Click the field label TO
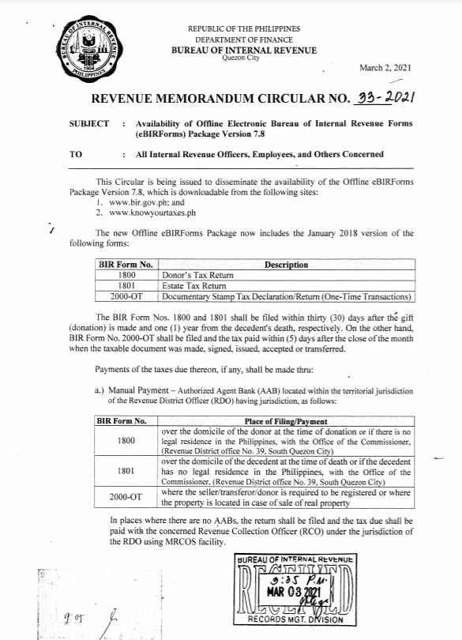pyautogui.click(x=76, y=155)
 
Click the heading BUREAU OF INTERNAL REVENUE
pyautogui.click(x=244, y=51)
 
